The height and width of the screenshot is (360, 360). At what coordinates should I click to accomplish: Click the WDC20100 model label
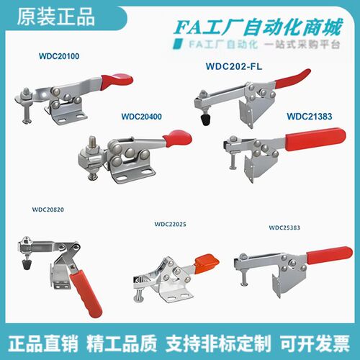pyautogui.click(x=59, y=56)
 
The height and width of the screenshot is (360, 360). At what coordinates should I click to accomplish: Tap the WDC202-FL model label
pyautogui.click(x=234, y=66)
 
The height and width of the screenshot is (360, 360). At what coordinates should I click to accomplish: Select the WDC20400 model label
pyautogui.click(x=142, y=117)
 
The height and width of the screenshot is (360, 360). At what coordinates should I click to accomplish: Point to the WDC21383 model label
pyautogui.click(x=310, y=117)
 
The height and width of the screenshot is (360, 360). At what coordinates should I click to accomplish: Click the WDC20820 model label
pyautogui.click(x=48, y=210)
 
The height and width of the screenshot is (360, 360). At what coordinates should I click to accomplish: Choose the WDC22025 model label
pyautogui.click(x=171, y=224)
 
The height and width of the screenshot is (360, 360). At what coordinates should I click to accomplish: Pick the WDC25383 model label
pyautogui.click(x=284, y=228)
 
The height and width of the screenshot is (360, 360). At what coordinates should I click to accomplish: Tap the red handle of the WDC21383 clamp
pyautogui.click(x=315, y=139)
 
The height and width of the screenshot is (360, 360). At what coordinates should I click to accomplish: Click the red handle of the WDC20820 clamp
pyautogui.click(x=86, y=293)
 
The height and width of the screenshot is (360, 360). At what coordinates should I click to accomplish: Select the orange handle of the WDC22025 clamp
pyautogui.click(x=207, y=264)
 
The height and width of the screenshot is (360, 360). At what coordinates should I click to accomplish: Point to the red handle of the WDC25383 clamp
pyautogui.click(x=330, y=256)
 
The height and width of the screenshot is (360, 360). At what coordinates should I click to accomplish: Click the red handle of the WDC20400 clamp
pyautogui.click(x=177, y=138)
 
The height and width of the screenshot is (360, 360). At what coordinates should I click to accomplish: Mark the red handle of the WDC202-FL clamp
pyautogui.click(x=292, y=78)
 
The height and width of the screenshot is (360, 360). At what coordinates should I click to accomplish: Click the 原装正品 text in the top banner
pyautogui.click(x=55, y=17)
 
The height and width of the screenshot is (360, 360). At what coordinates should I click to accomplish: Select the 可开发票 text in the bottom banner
pyautogui.click(x=315, y=343)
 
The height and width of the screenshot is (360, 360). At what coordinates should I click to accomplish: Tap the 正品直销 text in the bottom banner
pyautogui.click(x=43, y=343)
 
